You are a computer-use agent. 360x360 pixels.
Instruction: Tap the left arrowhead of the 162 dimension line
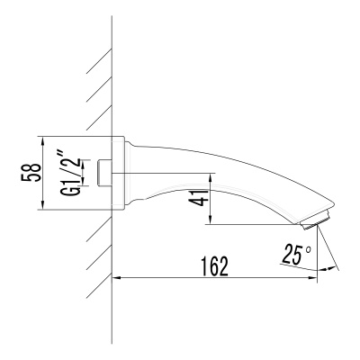117,278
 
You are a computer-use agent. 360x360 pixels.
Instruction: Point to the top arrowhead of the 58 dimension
42,139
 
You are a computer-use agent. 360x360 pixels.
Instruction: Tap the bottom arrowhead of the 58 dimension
42,208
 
